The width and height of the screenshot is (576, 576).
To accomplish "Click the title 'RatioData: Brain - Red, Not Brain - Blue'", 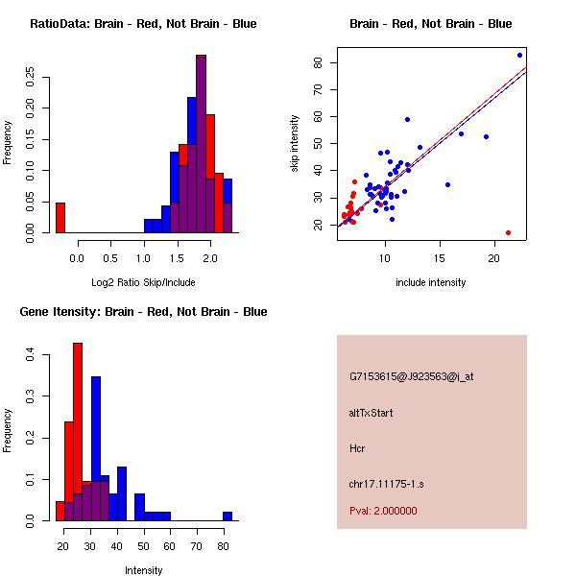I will [143, 24].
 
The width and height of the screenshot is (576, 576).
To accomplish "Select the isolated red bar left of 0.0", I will [60, 217].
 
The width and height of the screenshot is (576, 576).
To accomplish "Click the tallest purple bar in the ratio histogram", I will [201, 144].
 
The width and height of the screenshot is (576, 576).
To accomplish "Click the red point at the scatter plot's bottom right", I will [508, 233].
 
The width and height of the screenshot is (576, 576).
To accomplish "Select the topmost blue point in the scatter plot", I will [519, 55].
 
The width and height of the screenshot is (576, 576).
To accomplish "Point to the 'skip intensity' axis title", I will [296, 144].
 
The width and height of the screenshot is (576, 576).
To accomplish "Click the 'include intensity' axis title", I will [431, 282].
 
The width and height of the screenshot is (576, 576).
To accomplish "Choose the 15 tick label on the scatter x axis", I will [440, 257].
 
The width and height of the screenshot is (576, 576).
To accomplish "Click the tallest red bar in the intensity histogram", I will [78, 432].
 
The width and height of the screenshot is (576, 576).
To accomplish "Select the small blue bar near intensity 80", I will [228, 516].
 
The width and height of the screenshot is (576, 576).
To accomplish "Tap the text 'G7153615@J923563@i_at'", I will [411, 376].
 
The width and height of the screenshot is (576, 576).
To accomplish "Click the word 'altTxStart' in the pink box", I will [372, 413].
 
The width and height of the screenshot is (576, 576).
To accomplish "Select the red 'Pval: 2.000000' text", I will [383, 511].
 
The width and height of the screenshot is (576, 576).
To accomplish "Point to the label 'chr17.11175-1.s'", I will [387, 484].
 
